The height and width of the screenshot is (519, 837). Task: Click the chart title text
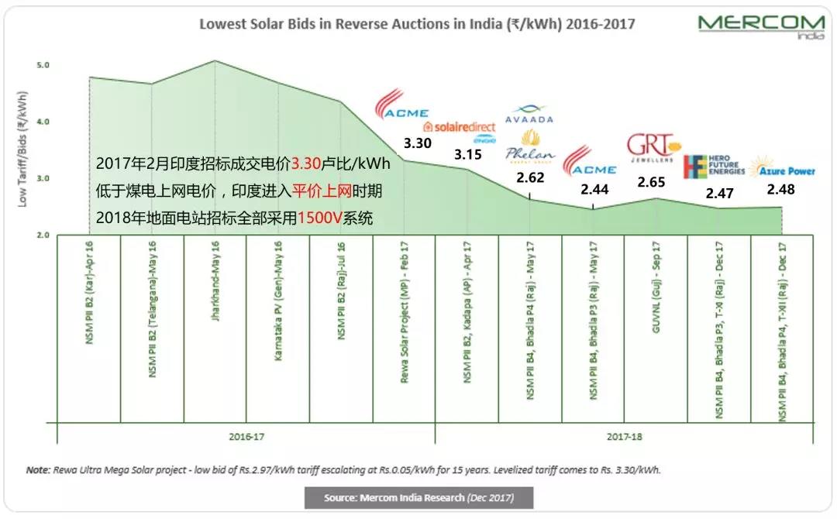pos(417,24)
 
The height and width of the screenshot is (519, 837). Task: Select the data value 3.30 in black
pos(418,143)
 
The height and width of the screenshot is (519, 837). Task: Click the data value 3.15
pos(468,154)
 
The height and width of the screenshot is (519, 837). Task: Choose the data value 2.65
pos(653,182)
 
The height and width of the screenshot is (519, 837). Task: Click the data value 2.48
pos(781,190)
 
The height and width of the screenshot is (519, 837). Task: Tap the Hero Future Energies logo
pos(714,167)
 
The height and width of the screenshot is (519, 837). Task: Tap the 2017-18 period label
pos(625,437)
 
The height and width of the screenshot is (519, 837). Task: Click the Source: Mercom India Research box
pos(418,497)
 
